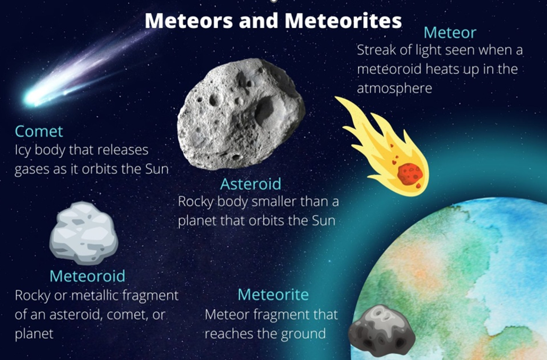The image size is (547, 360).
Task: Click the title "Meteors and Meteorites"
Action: pyautogui.click(x=273, y=21)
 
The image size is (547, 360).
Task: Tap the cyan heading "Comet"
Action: pyautogui.click(x=39, y=131)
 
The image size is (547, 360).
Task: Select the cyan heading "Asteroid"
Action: pyautogui.click(x=250, y=184)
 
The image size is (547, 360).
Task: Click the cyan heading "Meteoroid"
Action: pyautogui.click(x=87, y=276)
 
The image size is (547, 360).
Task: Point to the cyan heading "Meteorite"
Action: pyautogui.click(x=273, y=294)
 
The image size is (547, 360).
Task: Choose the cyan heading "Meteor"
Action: pyautogui.click(x=449, y=33)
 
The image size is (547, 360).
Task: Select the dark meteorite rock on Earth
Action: pyautogui.click(x=381, y=330)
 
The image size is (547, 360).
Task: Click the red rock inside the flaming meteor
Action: pyautogui.click(x=410, y=174)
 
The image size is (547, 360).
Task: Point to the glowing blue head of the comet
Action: pyautogui.click(x=32, y=97)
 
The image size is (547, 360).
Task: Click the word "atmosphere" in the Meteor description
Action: pyautogui.click(x=394, y=88)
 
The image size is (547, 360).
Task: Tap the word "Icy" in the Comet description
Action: pyautogui.click(x=24, y=151)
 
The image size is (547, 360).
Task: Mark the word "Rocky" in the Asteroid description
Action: pyautogui.click(x=195, y=202)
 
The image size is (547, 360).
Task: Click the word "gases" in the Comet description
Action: pyautogui.click(x=30, y=170)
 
